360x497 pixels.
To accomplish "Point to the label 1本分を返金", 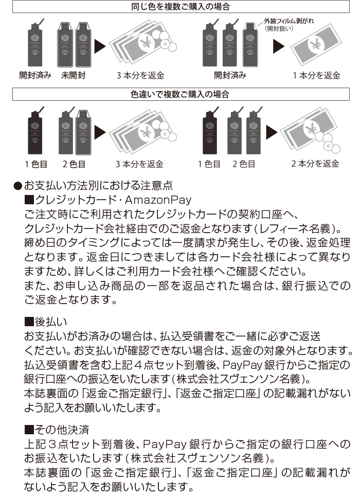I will pyautogui.click(x=316, y=76).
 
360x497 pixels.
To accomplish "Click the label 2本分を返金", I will pyautogui.click(x=315, y=164).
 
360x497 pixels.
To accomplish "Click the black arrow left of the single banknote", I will pyautogui.click(x=279, y=47).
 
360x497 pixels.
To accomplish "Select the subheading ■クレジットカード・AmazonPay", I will pyautogui.click(x=108, y=199).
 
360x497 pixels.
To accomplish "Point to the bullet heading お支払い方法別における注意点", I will pyautogui.click(x=98, y=184).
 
